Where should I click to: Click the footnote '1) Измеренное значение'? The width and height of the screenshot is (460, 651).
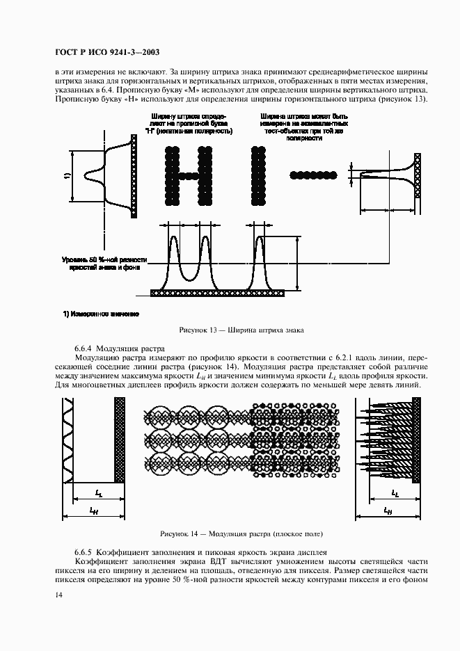[x=101, y=314]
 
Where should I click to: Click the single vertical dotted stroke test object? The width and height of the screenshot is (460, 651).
[x=259, y=175]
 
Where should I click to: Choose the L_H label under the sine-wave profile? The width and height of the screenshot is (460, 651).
[x=93, y=510]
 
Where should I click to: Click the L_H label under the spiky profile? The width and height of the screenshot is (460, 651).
[x=388, y=510]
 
